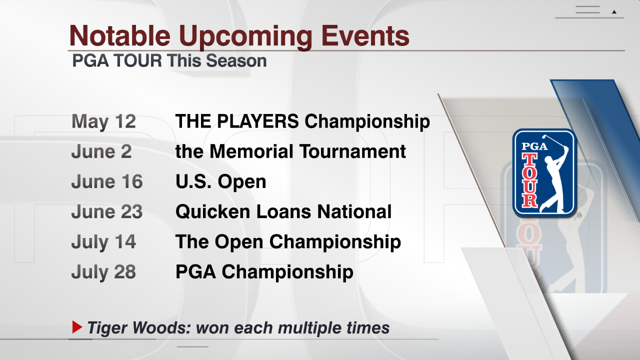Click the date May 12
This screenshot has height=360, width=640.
[103, 121]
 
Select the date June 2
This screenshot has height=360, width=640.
[101, 151]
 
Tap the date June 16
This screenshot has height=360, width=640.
[107, 181]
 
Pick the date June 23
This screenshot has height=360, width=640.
[107, 211]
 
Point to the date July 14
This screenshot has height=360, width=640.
[103, 242]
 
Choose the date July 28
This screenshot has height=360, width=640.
[103, 272]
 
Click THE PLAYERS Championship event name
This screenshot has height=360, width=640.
[302, 121]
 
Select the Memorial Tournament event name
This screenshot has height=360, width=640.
[290, 151]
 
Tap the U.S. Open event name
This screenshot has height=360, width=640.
[221, 182]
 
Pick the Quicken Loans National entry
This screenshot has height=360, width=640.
[283, 211]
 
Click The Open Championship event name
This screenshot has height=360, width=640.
[288, 242]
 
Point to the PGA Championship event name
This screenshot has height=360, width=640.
[264, 272]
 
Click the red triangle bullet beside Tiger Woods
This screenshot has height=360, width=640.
[77, 327]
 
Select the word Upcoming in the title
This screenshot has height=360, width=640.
[245, 36]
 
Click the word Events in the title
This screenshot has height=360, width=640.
[365, 35]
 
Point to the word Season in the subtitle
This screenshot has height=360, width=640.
[236, 61]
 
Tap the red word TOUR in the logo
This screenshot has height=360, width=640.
[529, 179]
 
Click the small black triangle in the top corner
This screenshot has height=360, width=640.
[614, 12]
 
